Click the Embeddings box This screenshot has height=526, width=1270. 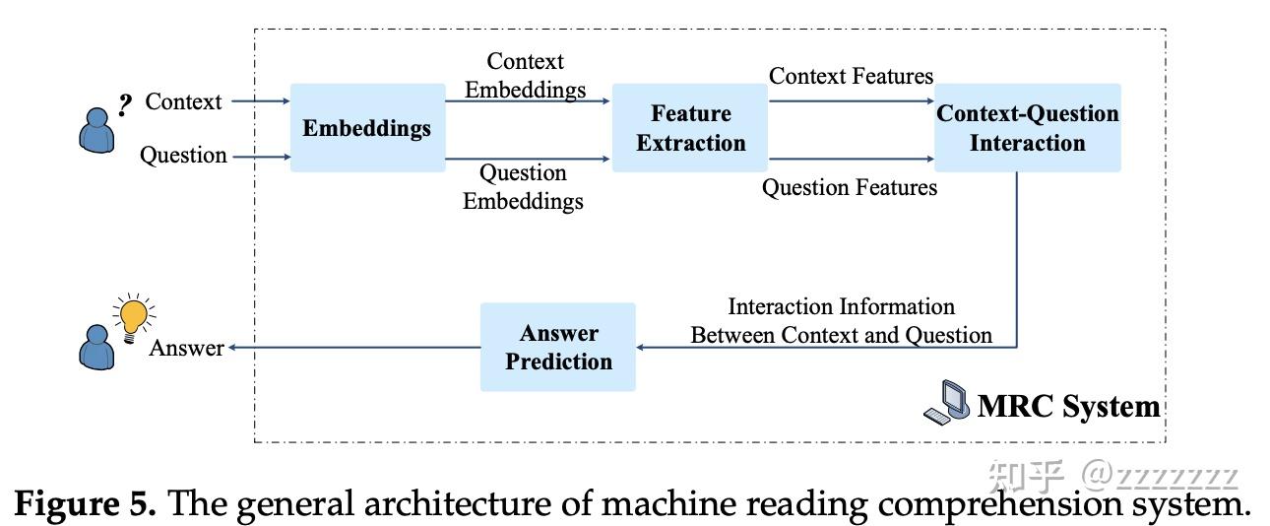[x=366, y=128]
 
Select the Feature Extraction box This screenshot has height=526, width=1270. [x=690, y=128]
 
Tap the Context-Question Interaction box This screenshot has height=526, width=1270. [x=1027, y=128]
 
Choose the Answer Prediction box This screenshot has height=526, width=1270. [x=558, y=347]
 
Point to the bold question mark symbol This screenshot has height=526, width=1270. [x=125, y=104]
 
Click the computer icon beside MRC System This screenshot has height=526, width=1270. [x=946, y=402]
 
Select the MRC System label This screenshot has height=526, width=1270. [x=1068, y=406]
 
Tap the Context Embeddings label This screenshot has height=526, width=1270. [x=525, y=76]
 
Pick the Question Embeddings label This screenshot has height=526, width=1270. [x=523, y=187]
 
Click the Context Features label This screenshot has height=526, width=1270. [x=851, y=76]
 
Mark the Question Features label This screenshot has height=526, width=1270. [x=850, y=186]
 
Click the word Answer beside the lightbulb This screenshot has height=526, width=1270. [x=186, y=348]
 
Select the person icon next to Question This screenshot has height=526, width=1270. [x=95, y=130]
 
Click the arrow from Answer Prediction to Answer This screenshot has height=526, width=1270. [x=354, y=348]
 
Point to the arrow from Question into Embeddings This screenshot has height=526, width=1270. [x=259, y=156]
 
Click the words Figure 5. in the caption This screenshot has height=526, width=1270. [x=86, y=503]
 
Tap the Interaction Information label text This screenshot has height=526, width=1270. [x=841, y=321]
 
